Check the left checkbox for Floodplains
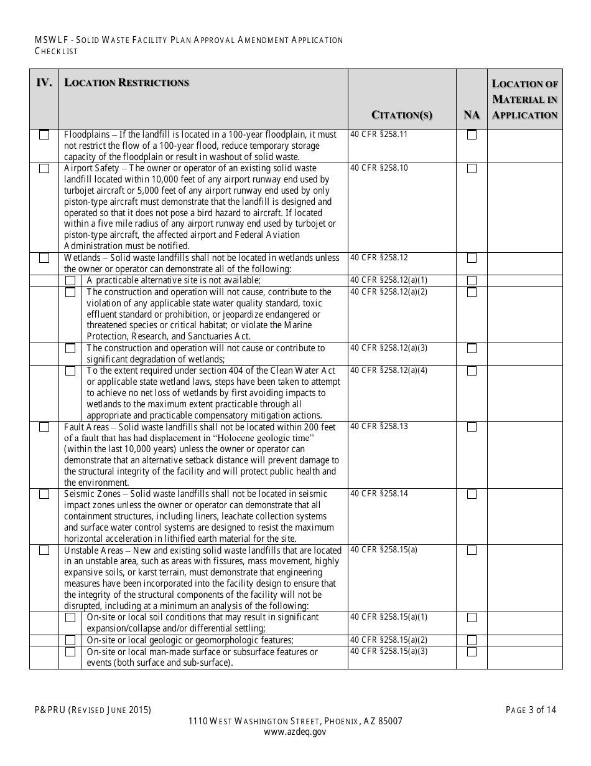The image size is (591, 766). pos(44,135)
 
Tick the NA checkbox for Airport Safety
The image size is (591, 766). pos(472,168)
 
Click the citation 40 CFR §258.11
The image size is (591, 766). pos(379,134)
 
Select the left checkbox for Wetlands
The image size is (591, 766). pos(44,258)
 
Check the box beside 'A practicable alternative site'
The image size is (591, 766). pos(70,280)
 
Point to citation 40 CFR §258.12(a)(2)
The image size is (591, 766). pos(389,291)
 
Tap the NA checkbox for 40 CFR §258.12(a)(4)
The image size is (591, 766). pos(472,371)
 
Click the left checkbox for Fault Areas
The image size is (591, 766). pos(44,427)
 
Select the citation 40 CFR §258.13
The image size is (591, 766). pos(379,426)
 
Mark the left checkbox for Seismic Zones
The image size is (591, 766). pos(44,494)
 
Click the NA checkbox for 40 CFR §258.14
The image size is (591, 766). pos(472,494)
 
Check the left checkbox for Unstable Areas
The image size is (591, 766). pos(44,550)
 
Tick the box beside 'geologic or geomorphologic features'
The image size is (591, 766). pos(70,640)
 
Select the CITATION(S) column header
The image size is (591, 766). pos(401,115)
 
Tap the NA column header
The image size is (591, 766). pos(472,115)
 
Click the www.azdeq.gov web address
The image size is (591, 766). pos(295,732)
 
